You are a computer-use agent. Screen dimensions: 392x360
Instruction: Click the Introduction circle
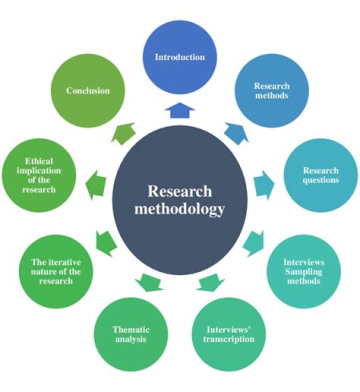pyautogui.click(x=179, y=57)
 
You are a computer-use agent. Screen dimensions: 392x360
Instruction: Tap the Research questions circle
pyautogui.click(x=320, y=175)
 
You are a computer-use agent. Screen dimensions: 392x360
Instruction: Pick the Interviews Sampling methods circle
pyautogui.click(x=303, y=271)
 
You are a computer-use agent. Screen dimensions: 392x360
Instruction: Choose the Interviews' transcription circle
pyautogui.click(x=229, y=334)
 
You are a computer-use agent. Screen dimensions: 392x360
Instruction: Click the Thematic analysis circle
pyautogui.click(x=131, y=334)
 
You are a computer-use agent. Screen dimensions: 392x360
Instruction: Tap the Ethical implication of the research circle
pyautogui.click(x=39, y=175)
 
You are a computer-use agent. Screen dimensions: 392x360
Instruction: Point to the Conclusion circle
pyautogui.click(x=88, y=91)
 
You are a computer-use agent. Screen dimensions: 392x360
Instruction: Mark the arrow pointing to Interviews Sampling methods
pyautogui.click(x=254, y=241)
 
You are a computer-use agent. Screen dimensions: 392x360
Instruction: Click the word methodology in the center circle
pyautogui.click(x=179, y=208)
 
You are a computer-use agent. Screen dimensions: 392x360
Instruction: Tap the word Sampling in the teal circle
pyautogui.click(x=303, y=271)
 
